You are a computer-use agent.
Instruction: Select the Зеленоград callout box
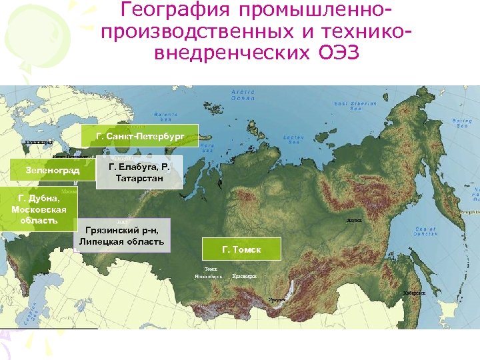52,171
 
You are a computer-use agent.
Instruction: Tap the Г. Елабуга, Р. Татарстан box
139,172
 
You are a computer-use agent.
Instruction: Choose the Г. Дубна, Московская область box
38,209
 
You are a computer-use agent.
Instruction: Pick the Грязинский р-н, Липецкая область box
121,235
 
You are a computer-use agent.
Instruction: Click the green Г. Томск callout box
241,249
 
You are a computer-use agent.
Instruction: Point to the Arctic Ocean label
243,95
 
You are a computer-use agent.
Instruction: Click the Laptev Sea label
293,139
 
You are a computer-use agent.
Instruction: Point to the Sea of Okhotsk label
425,231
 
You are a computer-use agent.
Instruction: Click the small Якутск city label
354,221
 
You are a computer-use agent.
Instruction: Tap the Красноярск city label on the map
245,276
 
